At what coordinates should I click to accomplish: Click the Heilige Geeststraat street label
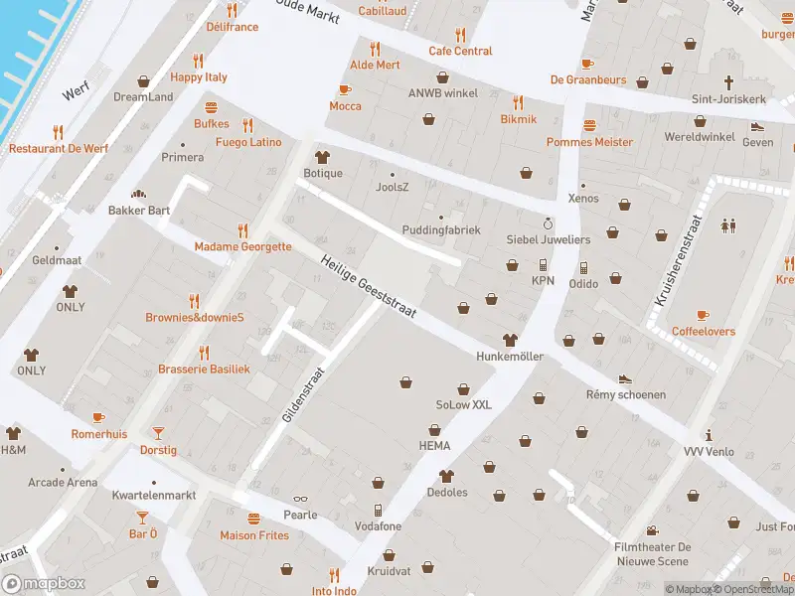tap(368, 288)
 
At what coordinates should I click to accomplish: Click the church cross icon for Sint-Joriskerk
tap(728, 82)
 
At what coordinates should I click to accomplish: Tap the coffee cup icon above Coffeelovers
tap(704, 314)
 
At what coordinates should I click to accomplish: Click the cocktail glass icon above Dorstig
tap(158, 433)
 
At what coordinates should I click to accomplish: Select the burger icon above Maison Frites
tap(254, 519)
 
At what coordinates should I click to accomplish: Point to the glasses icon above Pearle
tap(300, 499)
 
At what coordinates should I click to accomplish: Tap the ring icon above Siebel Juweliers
tap(548, 223)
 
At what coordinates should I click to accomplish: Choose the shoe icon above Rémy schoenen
tap(625, 378)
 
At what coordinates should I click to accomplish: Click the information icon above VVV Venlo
tap(709, 435)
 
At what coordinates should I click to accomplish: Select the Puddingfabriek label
tap(442, 230)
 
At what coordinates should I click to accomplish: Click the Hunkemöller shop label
tap(510, 356)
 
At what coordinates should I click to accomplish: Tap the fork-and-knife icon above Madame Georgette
tap(242, 229)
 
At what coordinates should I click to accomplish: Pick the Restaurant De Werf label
tap(58, 148)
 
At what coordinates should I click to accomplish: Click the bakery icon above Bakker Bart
tap(138, 194)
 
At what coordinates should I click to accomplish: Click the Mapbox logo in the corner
tap(44, 584)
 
